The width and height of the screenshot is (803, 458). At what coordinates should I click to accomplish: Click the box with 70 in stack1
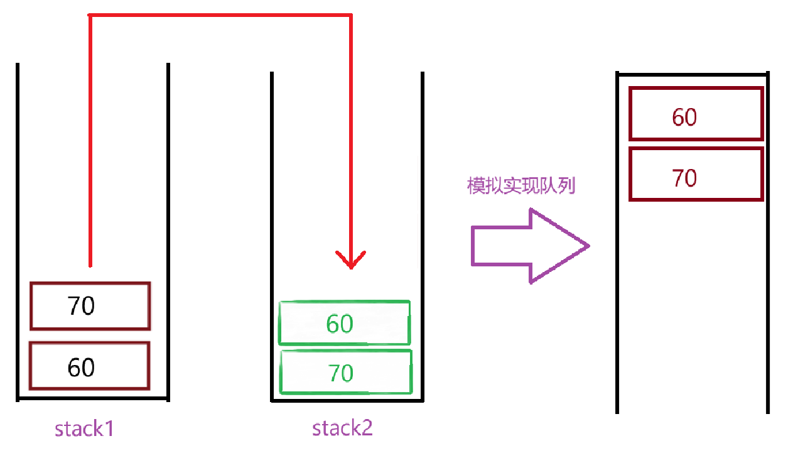90,306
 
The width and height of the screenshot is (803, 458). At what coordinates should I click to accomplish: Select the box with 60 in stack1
90,366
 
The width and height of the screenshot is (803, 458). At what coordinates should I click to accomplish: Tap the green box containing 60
344,323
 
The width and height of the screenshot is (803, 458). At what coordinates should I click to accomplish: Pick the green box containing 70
345,373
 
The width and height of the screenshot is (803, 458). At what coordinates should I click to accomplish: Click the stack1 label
84,429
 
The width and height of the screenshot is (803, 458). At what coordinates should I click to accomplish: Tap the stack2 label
342,428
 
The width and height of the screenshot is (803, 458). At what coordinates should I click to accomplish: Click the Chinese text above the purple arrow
521,186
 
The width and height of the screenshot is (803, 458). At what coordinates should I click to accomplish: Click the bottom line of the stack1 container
93,398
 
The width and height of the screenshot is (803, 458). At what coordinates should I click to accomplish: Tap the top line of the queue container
693,74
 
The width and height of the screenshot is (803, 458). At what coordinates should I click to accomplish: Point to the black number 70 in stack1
81,306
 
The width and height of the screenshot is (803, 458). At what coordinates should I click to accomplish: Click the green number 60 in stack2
340,324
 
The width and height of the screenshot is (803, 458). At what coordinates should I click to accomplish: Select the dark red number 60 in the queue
684,117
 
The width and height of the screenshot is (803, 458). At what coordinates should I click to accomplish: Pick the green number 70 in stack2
341,373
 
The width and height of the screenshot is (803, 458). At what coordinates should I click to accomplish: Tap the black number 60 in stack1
81,367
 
